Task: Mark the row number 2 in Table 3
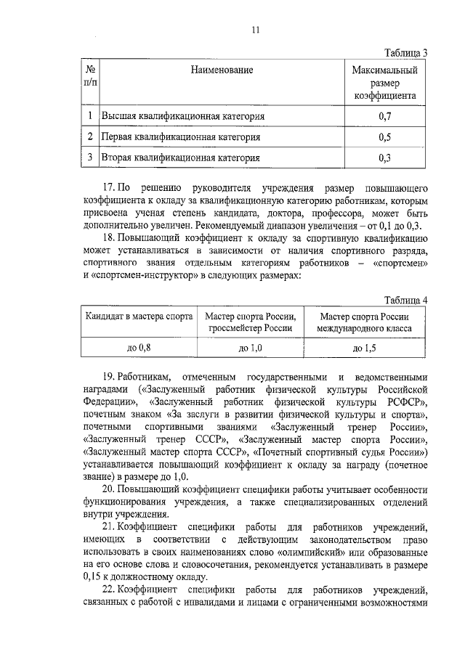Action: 89,136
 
